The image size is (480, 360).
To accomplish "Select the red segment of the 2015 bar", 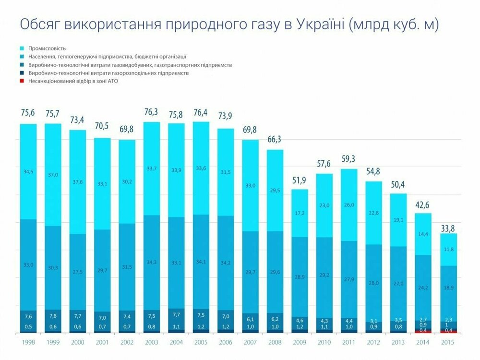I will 448,330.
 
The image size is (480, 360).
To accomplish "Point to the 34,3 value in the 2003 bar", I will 152,262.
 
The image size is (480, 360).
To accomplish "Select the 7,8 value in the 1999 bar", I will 53,316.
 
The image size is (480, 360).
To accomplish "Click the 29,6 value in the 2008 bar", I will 275,271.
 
